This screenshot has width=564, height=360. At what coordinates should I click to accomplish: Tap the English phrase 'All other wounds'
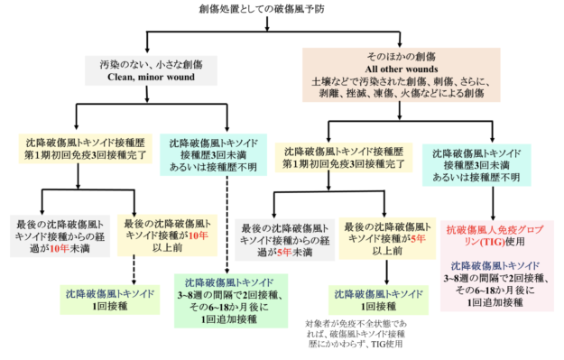[x=402, y=69]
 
